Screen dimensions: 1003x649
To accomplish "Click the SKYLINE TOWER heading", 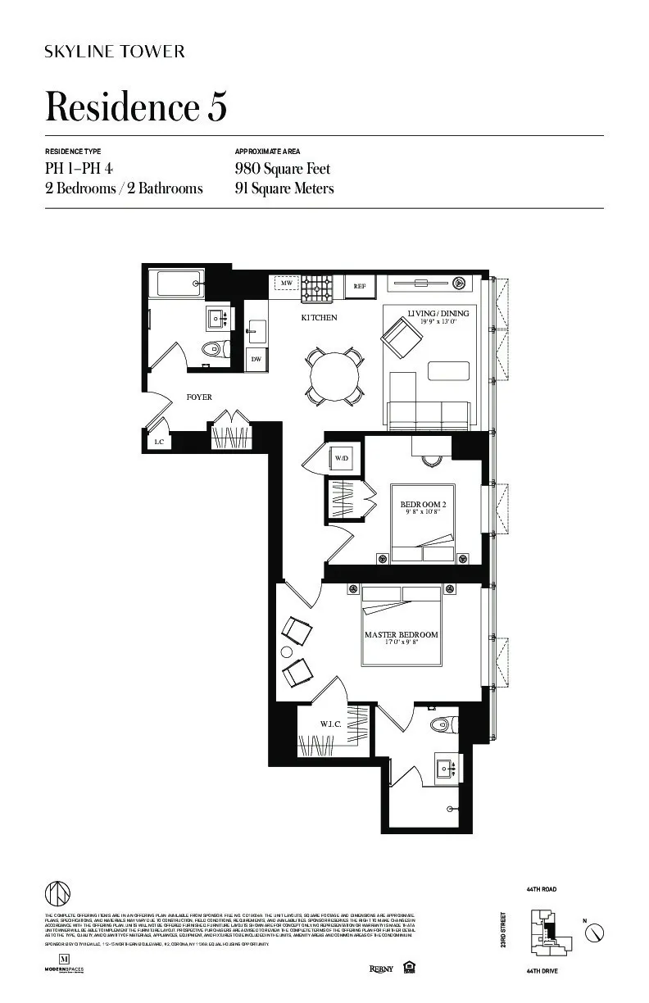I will (115, 52).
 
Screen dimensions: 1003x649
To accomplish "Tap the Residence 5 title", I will (136, 107).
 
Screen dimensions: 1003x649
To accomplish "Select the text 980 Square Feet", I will (283, 169).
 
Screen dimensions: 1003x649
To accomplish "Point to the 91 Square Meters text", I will (284, 188).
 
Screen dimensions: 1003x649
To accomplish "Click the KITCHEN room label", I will (319, 318).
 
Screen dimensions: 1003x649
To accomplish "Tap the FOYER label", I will (199, 397).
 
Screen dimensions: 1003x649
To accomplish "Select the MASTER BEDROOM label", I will (401, 634).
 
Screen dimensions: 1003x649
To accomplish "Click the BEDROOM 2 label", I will (422, 505).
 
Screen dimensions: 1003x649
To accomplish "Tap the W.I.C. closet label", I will (330, 724).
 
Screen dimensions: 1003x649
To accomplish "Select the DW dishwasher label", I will (256, 359).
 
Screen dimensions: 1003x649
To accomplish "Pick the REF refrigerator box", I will (359, 286).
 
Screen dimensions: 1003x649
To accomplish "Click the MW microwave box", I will (286, 284).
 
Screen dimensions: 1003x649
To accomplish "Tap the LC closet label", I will (158, 442).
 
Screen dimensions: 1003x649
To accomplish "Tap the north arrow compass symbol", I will (597, 932).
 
